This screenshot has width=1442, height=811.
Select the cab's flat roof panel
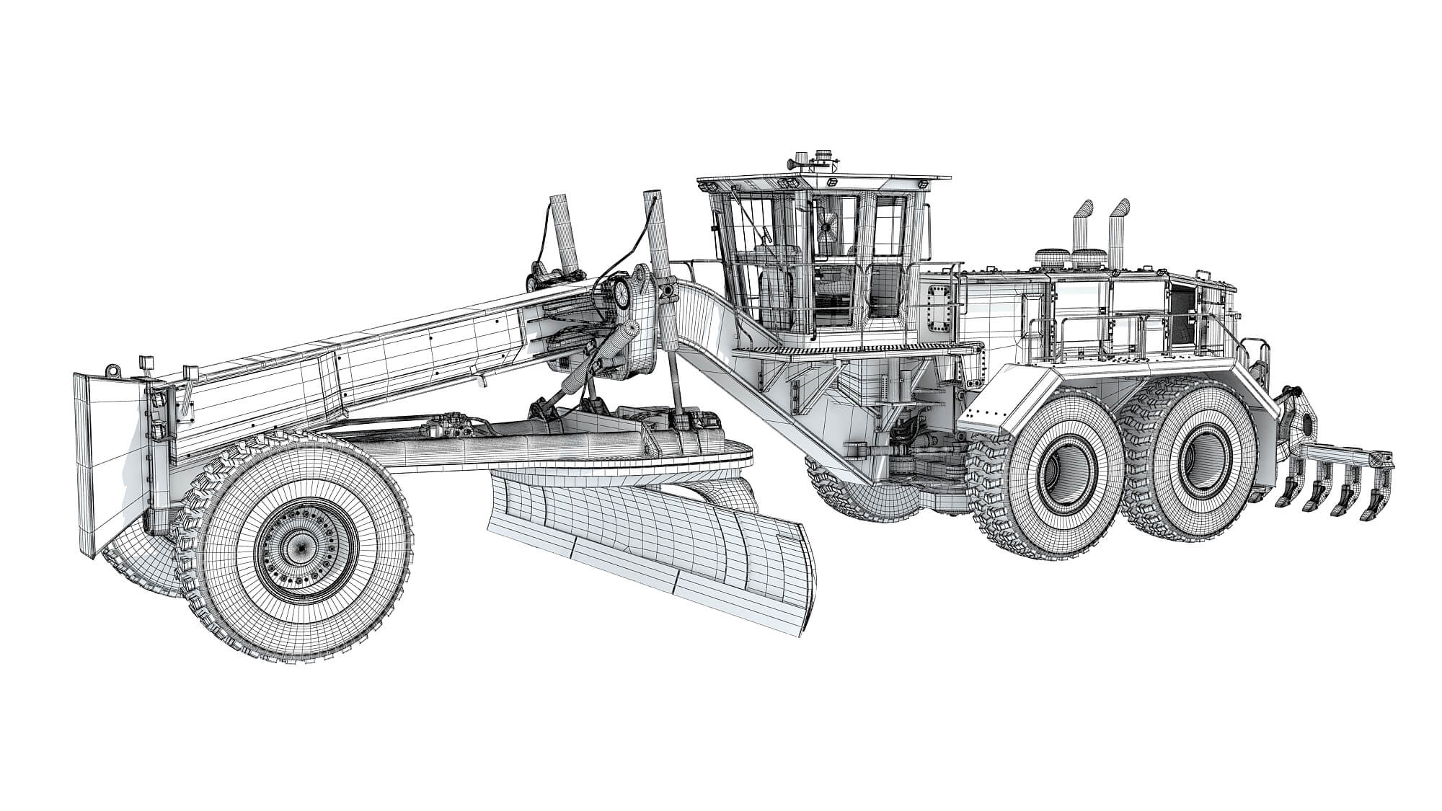[x=822, y=177]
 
